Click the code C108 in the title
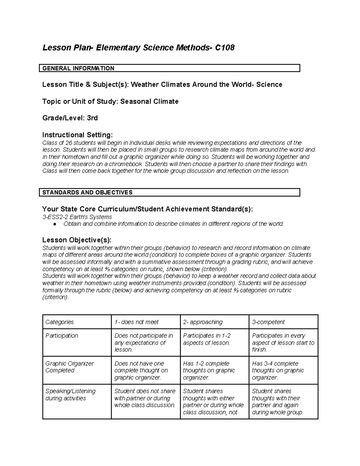coord(225,48)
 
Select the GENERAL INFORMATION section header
coord(78,68)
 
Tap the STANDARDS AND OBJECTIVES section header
coord(87,193)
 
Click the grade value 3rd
coord(92,118)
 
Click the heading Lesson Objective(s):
coord(77,240)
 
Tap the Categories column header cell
coord(59,322)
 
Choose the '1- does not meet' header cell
coord(136,322)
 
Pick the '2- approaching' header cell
coord(203,322)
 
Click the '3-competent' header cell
coord(268,322)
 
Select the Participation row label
coord(61,336)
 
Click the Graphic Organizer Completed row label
coord(69,367)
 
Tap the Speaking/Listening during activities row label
coord(70,395)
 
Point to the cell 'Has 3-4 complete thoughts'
coord(278,371)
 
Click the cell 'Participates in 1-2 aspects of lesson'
coord(207,339)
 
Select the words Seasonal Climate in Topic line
coord(149,102)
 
